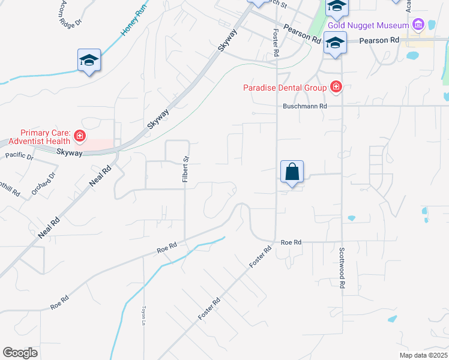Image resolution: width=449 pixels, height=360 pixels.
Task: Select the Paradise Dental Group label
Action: coord(285,88)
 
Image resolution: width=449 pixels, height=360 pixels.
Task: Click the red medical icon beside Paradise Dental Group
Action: coord(336,88)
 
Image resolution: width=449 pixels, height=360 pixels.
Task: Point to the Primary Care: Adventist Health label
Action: coord(46,137)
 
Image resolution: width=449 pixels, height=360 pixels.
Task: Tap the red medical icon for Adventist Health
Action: coord(79,138)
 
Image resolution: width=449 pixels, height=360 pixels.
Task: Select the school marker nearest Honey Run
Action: coord(89,61)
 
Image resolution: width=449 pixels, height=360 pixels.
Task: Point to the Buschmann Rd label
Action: coord(306,106)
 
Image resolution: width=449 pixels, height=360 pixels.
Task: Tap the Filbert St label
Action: coord(185,170)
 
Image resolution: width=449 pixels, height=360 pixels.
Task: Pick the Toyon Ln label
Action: coord(144,316)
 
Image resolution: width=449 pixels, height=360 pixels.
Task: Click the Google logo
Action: coord(20,353)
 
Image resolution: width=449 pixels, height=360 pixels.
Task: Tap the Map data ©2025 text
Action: coord(424,355)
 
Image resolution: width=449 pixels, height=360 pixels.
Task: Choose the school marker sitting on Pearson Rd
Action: coord(335,44)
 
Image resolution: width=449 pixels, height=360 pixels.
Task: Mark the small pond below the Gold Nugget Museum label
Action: coord(412,56)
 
